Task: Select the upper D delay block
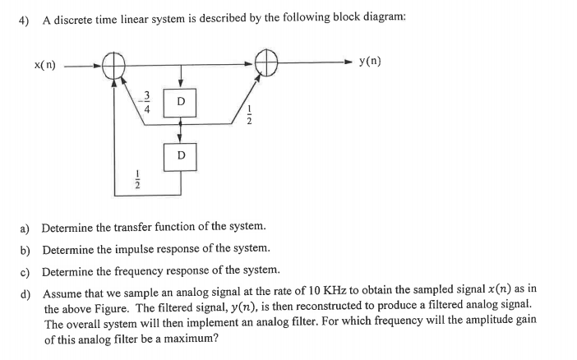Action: (181, 101)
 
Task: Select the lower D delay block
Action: (181, 155)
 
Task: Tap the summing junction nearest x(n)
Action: (113, 63)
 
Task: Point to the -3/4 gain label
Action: (147, 101)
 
